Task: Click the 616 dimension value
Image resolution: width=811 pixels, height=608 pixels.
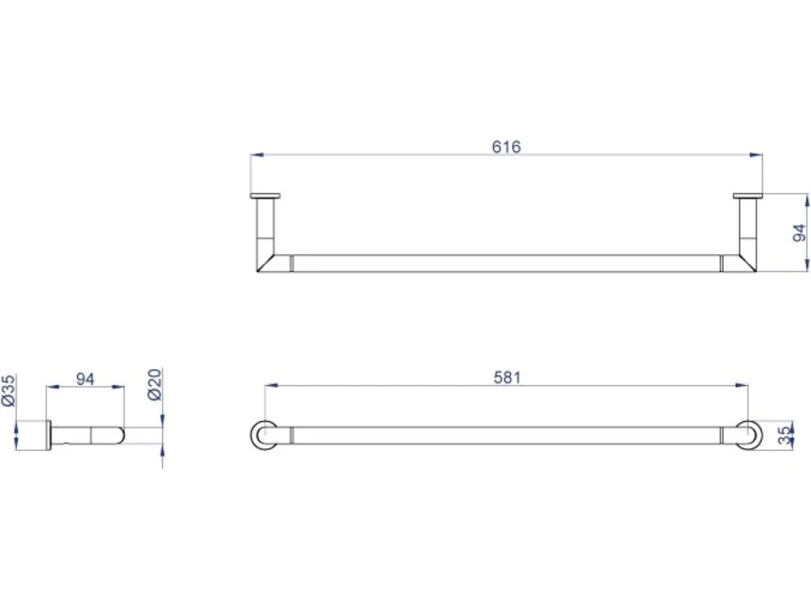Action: [507, 147]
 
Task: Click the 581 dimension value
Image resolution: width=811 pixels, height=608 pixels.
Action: [507, 377]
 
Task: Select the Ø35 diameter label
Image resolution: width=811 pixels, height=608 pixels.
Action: [8, 391]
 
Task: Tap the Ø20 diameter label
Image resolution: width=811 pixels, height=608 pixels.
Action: [155, 384]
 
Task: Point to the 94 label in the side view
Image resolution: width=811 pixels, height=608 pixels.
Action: [85, 379]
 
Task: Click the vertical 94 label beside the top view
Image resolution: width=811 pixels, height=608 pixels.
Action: [799, 233]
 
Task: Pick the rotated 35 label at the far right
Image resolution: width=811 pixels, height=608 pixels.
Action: [785, 435]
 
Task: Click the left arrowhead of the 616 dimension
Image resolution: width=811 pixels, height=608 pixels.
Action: [257, 155]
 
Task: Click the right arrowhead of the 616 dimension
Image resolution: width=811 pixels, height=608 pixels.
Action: [756, 155]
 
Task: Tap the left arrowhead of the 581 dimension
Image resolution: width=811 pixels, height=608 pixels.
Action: [271, 385]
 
